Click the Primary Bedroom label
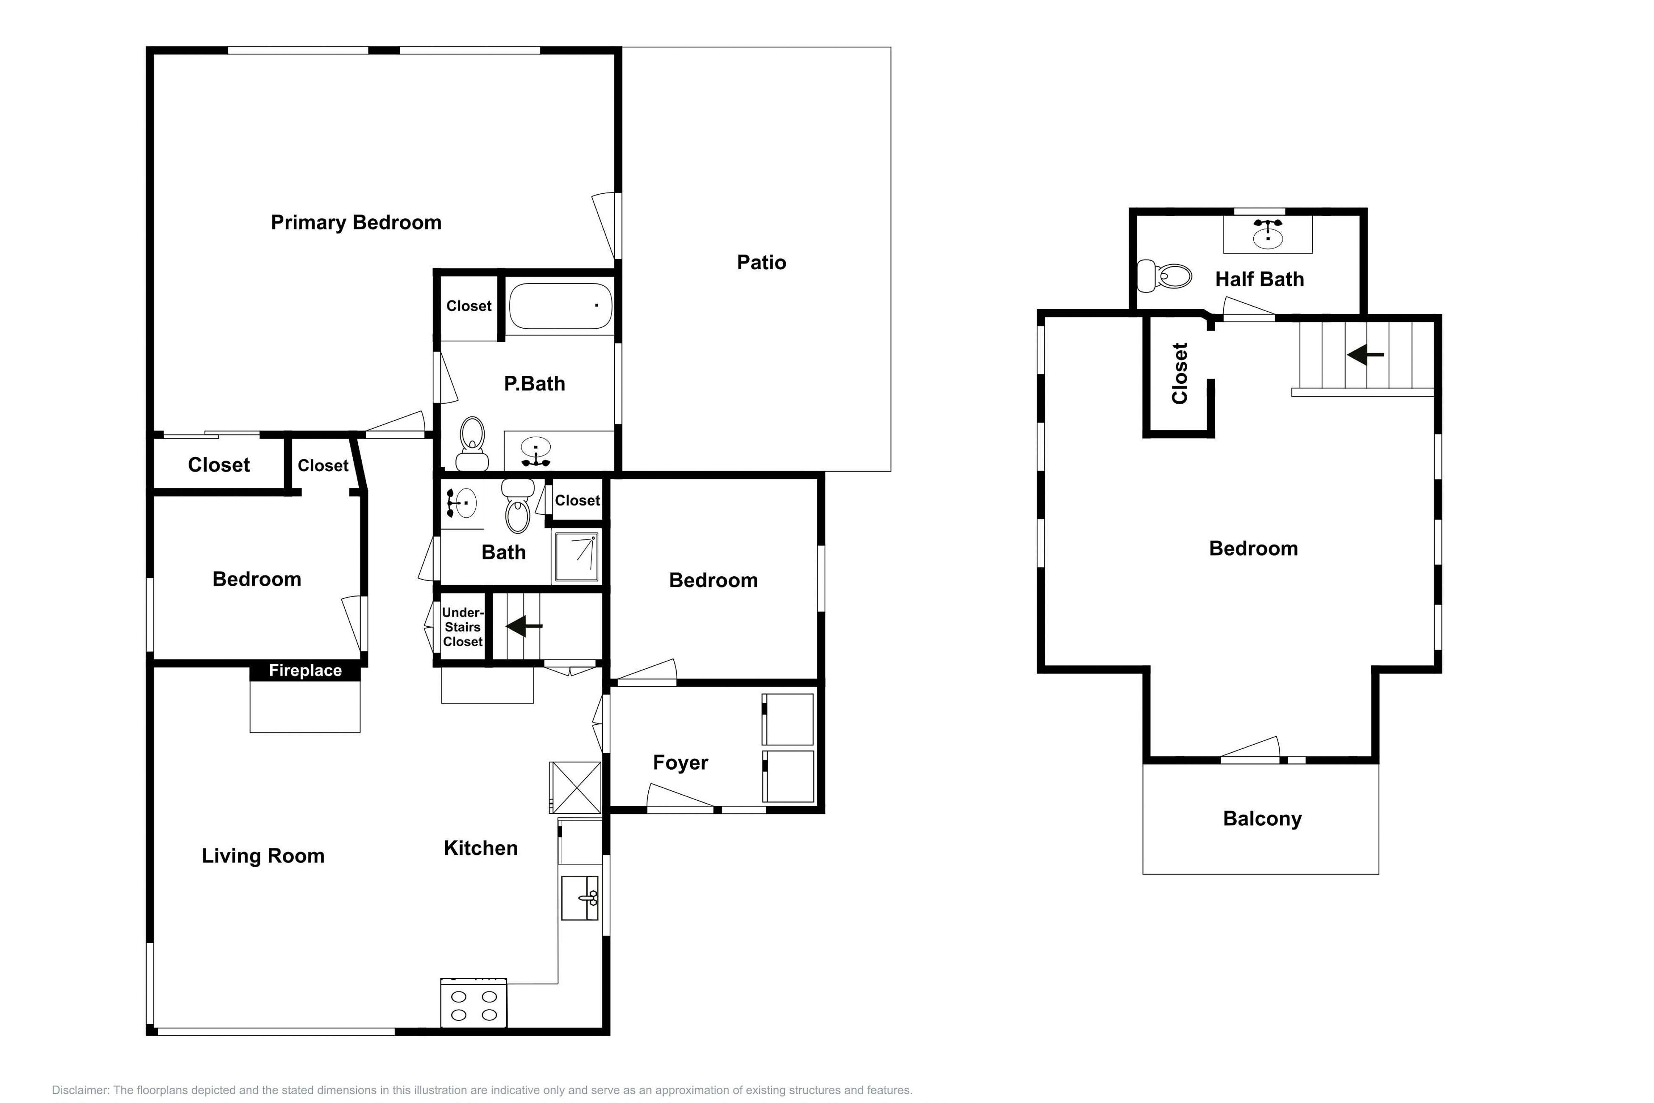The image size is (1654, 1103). tap(356, 222)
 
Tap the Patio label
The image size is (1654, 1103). tap(761, 262)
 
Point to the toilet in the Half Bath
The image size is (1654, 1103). tap(1165, 276)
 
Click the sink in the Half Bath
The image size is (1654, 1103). tap(1267, 234)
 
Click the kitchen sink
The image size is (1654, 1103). tap(580, 898)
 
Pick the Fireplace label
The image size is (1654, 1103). tap(305, 670)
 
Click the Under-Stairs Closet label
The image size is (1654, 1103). tap(462, 627)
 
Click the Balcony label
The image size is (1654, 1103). tap(1262, 819)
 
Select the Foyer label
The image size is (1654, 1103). tap(680, 762)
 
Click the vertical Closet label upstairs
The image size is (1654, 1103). tap(1179, 374)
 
